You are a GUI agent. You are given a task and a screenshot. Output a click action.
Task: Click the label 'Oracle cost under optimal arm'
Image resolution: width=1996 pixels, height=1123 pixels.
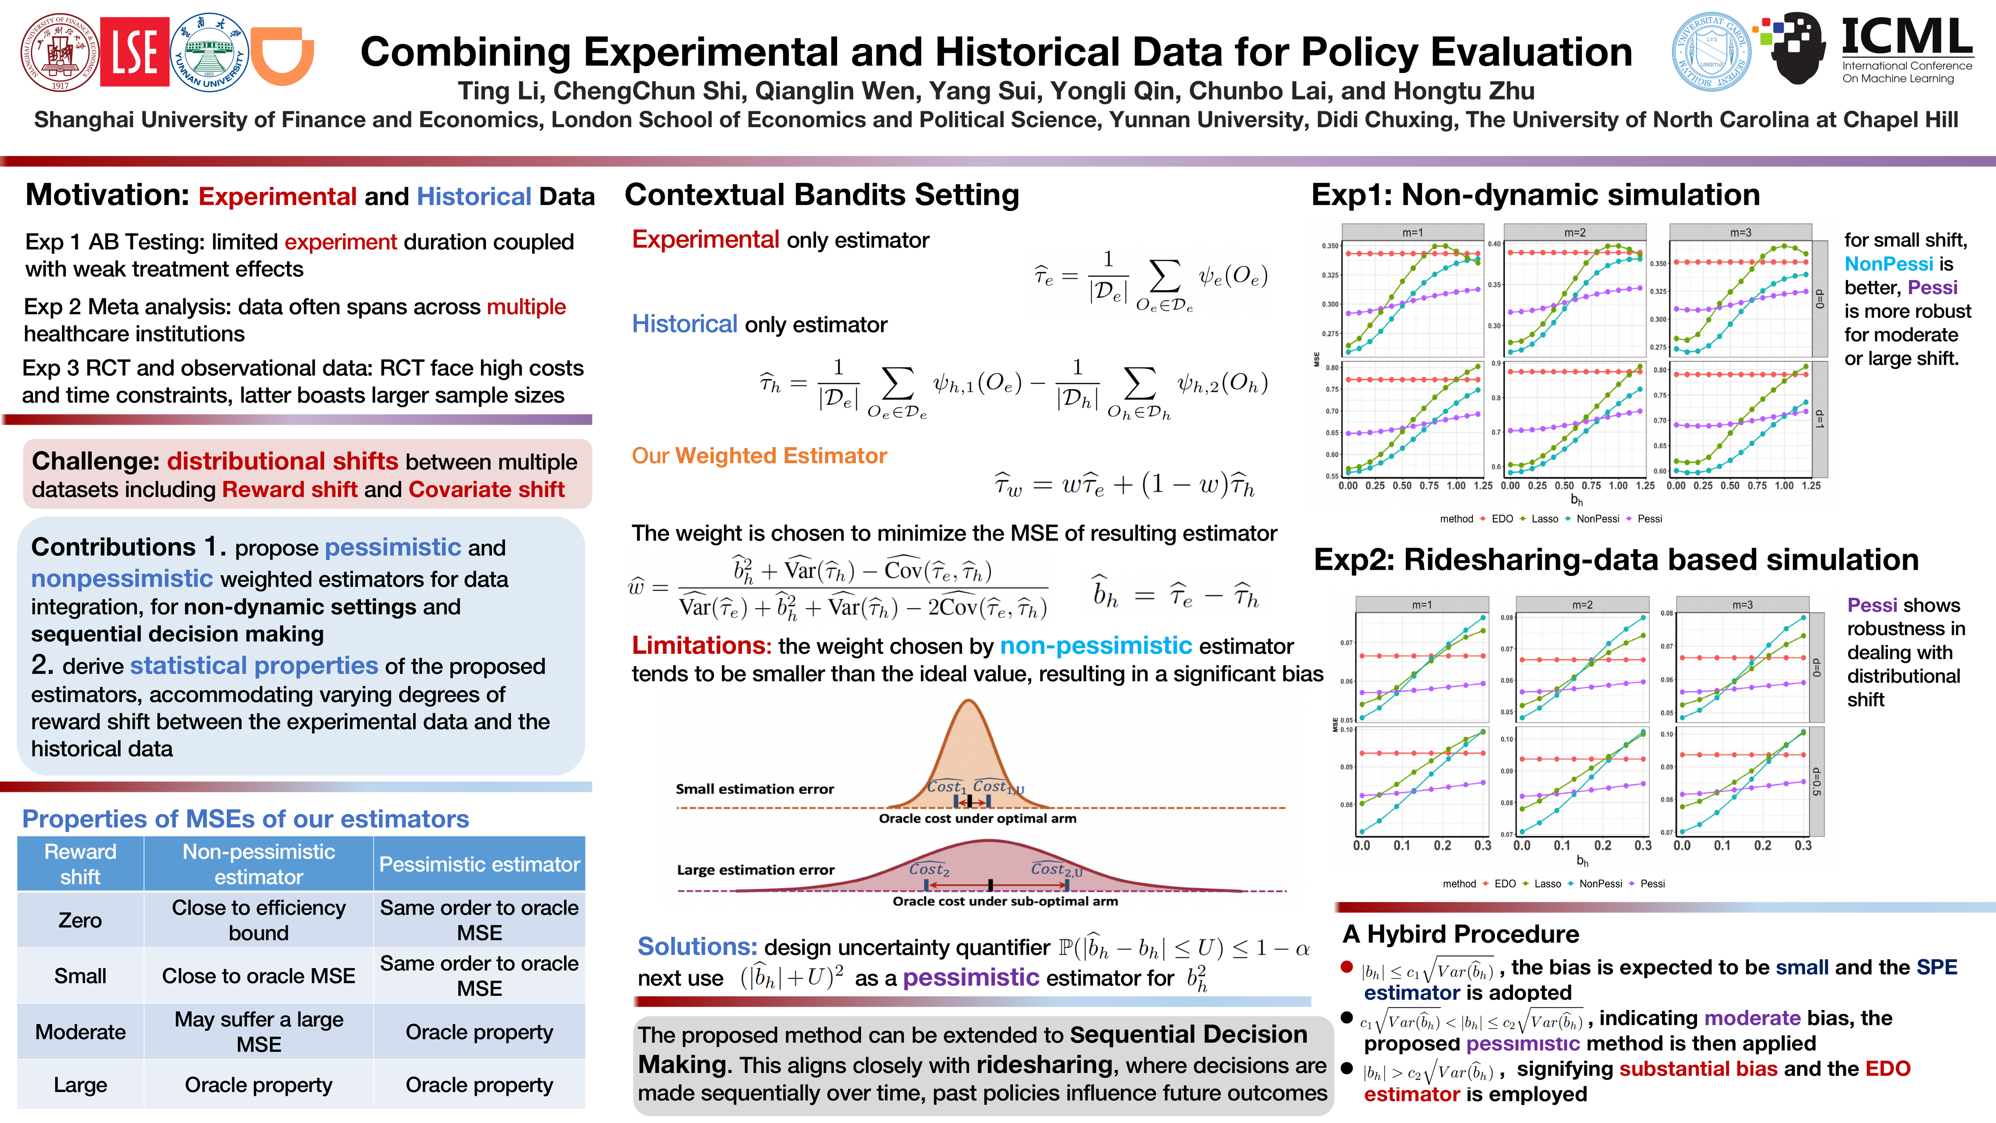pos(977,818)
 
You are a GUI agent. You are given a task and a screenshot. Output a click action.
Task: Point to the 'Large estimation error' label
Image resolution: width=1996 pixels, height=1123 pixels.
pos(756,870)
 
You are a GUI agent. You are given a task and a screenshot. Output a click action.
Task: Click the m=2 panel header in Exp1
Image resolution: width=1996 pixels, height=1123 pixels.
pos(1575,232)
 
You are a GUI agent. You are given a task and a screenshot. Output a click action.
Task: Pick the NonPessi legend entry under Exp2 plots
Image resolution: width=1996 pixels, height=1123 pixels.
pos(1600,884)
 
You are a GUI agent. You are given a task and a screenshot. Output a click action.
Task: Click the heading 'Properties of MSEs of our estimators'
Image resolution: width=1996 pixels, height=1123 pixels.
pos(246,819)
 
